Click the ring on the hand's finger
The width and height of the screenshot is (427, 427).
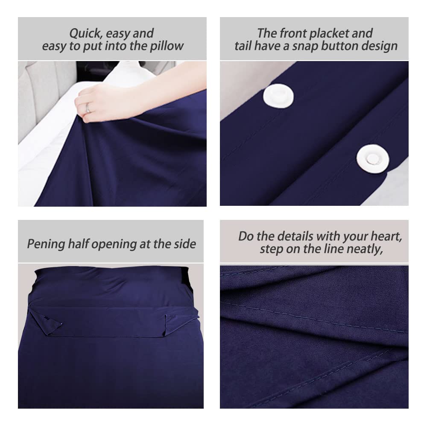[x=88, y=108]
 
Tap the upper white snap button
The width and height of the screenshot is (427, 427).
[x=278, y=96]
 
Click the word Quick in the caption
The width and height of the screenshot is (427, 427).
[x=85, y=33]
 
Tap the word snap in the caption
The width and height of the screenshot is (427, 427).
[x=304, y=46]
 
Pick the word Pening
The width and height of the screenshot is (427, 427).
[x=46, y=244]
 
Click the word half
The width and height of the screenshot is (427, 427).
[x=79, y=243]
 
